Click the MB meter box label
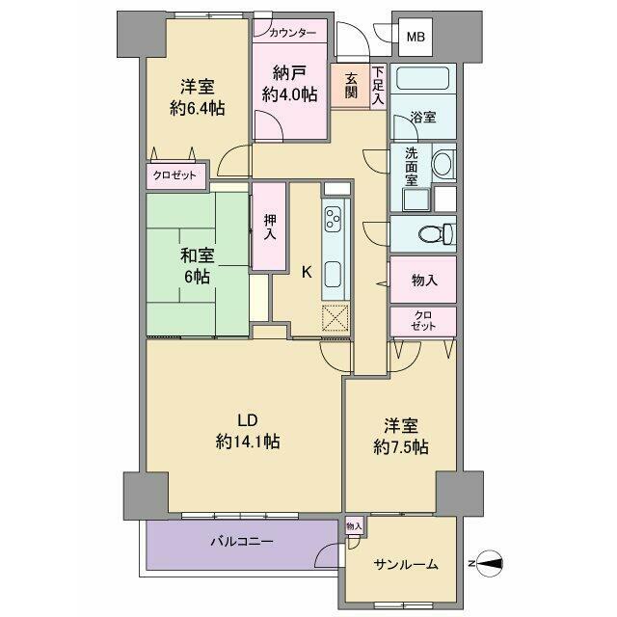click(x=414, y=38)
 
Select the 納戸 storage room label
click(x=288, y=84)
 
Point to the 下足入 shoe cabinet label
click(x=378, y=86)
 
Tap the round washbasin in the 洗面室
click(x=443, y=164)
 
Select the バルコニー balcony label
click(x=242, y=542)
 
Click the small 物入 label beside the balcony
click(x=354, y=525)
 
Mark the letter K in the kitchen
click(x=307, y=272)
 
